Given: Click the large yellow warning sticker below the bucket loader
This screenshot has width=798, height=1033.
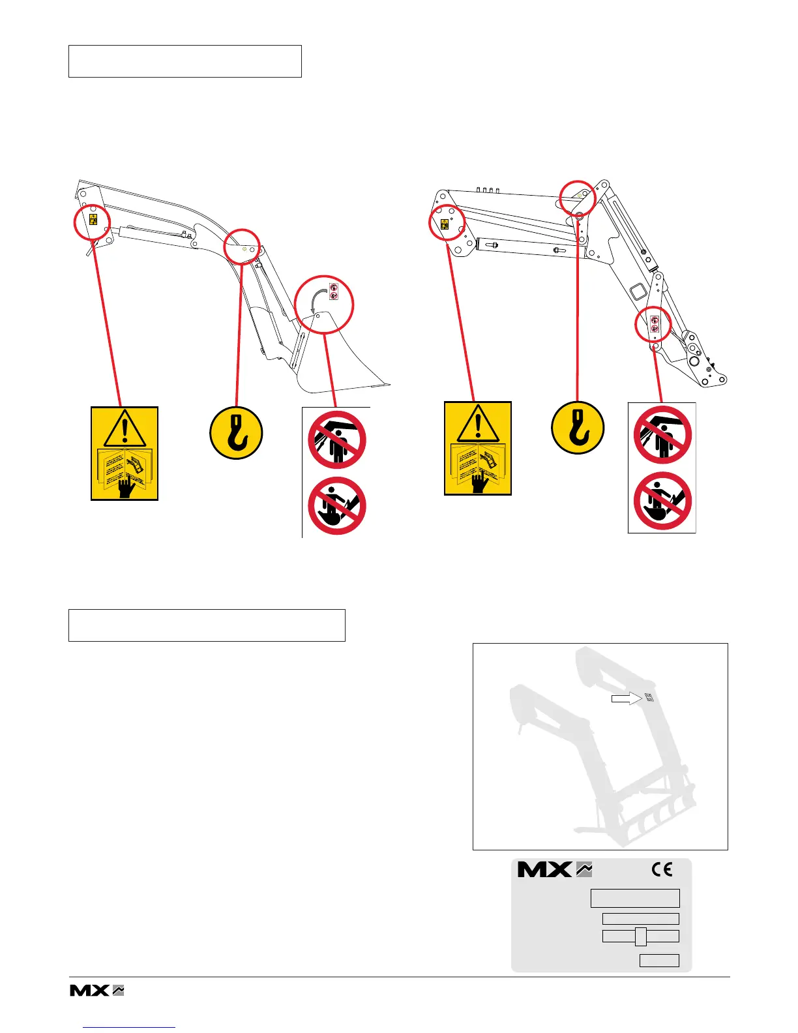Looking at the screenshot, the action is coord(125,453).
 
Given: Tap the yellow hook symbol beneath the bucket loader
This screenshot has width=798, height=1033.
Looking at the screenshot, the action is coord(236,433).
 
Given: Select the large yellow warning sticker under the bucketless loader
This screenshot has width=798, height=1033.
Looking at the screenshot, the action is coord(478,448).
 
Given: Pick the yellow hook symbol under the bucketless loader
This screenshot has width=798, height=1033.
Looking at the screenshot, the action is coord(578,428).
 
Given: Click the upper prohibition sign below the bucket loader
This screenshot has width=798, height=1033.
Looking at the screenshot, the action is coord(336,440).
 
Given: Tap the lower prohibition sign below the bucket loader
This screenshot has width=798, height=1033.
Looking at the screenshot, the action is coord(336,506).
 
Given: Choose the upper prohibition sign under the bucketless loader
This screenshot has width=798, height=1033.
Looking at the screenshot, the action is coord(662,435).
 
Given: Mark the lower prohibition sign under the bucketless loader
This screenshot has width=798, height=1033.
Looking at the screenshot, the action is coord(662,501).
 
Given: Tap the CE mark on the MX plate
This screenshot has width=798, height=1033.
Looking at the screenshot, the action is coord(662,869).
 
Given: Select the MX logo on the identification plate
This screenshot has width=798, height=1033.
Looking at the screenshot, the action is coord(554,869).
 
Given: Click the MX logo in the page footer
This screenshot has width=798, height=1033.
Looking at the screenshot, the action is coord(96,990).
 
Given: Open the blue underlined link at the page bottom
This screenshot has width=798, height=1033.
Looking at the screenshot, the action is coord(130,1027).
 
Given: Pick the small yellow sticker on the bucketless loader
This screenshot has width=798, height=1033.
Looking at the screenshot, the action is coord(445,224).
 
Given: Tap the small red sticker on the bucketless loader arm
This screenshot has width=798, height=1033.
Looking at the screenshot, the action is coord(655,324).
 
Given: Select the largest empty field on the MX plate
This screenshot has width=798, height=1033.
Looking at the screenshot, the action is coord(635,898).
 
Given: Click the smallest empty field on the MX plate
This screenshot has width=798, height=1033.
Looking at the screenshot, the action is coord(659,960).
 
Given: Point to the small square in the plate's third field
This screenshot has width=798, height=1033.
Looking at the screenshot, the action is coord(641,936).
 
